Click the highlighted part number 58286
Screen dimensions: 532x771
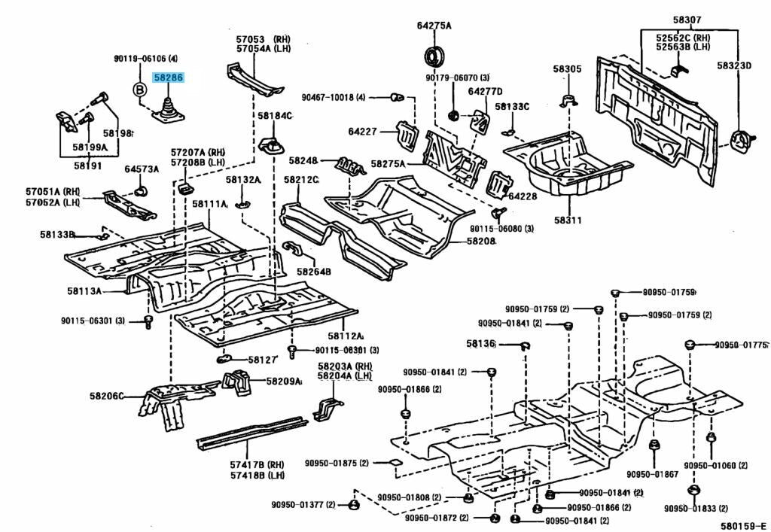(168, 77)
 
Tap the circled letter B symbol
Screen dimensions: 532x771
(139, 90)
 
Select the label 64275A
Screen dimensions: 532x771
(434, 26)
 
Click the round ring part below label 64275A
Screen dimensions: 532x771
(434, 56)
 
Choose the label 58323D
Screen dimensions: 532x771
(733, 66)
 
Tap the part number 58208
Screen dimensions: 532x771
(480, 241)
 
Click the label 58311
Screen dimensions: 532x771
(568, 220)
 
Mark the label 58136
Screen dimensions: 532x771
(480, 343)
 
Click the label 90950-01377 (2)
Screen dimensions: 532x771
(303, 504)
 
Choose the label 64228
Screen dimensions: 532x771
(521, 196)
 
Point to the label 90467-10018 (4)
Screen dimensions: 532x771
(334, 97)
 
